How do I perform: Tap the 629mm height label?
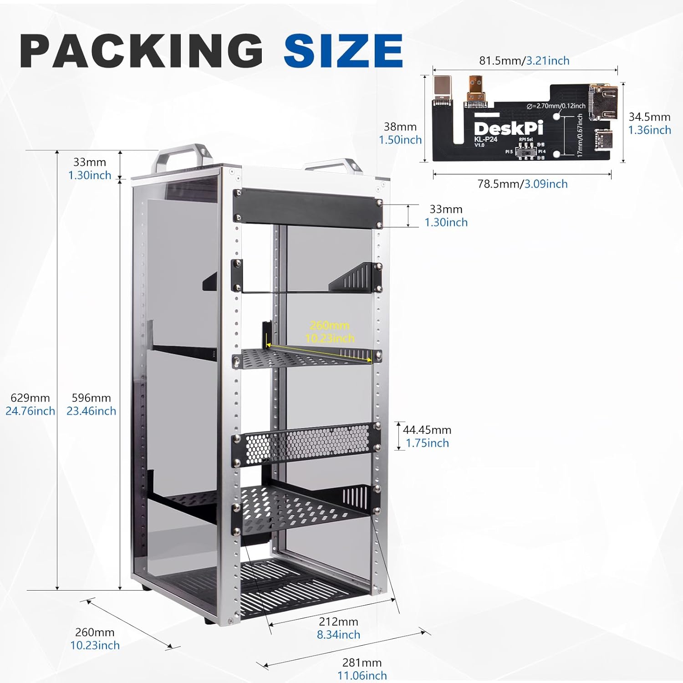click(x=30, y=398)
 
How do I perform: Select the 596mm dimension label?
click(x=91, y=398)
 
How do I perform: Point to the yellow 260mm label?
click(x=330, y=326)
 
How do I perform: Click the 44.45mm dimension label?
click(x=427, y=430)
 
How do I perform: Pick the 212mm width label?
click(x=338, y=622)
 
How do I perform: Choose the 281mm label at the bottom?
click(x=362, y=663)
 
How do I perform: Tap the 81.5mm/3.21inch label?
click(x=524, y=61)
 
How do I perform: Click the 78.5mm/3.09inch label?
click(x=522, y=184)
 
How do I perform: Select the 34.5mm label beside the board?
click(x=649, y=117)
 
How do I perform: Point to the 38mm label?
click(x=400, y=127)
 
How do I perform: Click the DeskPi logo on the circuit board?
click(x=509, y=128)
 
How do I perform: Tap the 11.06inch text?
click(x=362, y=676)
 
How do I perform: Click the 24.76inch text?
click(x=30, y=411)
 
